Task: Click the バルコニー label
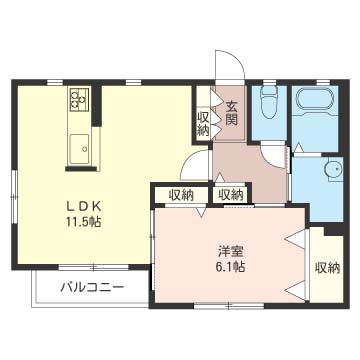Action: point(91,288)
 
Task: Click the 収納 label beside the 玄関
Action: point(203,122)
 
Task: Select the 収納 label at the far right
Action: point(326,267)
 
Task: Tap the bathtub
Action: point(319,100)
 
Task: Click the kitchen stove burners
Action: point(79,100)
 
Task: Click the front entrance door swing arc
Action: point(230,64)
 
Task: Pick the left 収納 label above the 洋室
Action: point(181,195)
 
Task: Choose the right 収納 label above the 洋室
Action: point(230,195)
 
